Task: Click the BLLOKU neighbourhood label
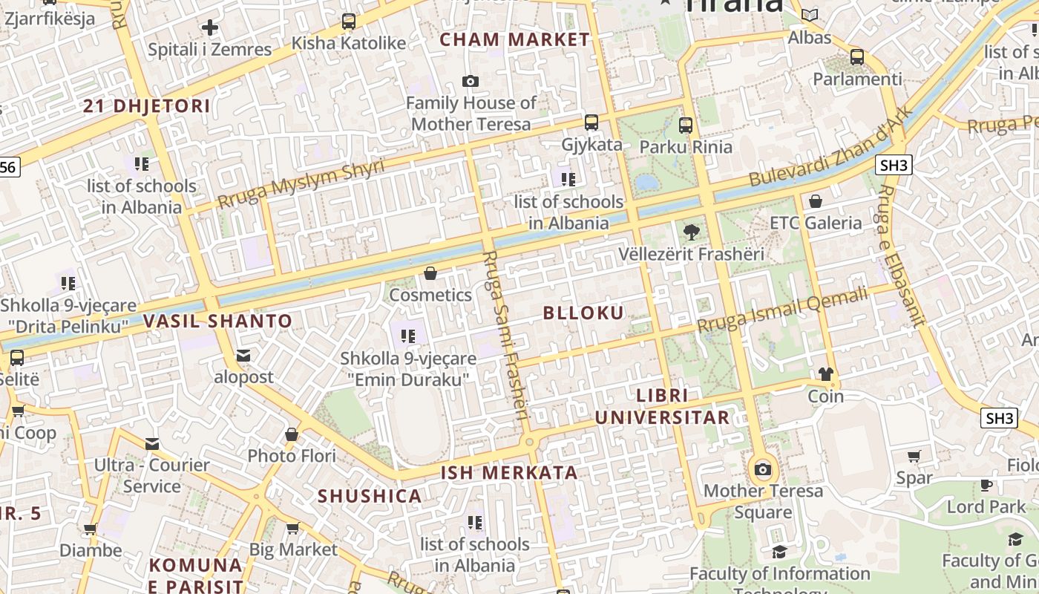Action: [583, 313]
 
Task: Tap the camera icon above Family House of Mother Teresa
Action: [470, 81]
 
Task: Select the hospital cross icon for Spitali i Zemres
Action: [210, 28]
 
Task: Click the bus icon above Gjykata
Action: [591, 123]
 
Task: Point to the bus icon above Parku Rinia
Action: [686, 125]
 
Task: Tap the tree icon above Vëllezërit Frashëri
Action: [691, 232]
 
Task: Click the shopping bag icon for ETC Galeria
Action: [815, 201]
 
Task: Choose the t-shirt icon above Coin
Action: [825, 374]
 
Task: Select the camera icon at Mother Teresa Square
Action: [762, 469]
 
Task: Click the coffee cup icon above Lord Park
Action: [986, 486]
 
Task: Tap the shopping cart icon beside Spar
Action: [914, 457]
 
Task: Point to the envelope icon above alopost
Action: [243, 356]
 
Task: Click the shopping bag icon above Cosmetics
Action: [430, 274]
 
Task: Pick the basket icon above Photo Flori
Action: [292, 434]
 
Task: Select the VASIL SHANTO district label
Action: [217, 322]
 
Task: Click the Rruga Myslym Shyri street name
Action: [301, 184]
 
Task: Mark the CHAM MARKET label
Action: [515, 40]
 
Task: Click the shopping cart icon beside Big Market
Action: [292, 529]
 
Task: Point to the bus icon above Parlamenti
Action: [856, 56]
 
